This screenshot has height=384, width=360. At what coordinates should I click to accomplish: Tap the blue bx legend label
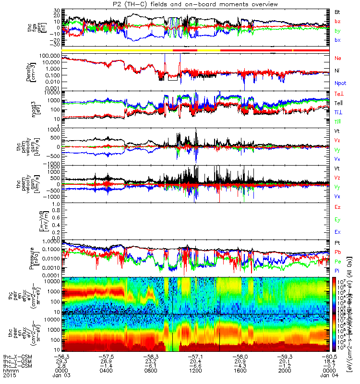click(x=337, y=39)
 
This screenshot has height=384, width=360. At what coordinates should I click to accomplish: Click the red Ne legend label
click(x=337, y=58)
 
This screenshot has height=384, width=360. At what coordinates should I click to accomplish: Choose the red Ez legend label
click(x=337, y=206)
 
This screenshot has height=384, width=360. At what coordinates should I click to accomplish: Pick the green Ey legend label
click(x=337, y=219)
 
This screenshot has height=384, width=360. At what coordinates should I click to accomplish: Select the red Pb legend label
click(x=337, y=252)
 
